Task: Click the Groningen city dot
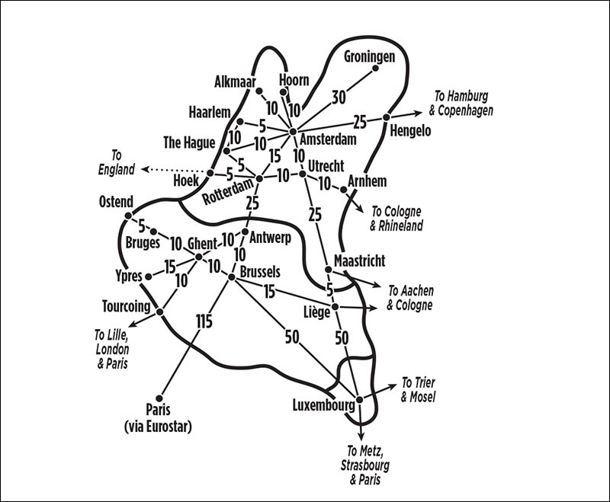(375, 68)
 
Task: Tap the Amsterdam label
(328, 139)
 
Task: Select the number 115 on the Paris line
(204, 321)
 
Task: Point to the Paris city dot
(159, 398)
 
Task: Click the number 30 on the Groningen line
(339, 98)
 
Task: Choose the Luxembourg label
(323, 406)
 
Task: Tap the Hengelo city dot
(387, 117)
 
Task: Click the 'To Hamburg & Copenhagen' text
(461, 103)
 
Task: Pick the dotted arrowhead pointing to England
(145, 169)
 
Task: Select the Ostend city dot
(128, 216)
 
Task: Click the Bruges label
(143, 243)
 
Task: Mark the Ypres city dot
(148, 277)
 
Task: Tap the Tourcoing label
(126, 306)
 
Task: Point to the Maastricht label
(359, 261)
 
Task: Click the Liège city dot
(335, 307)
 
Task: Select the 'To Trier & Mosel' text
(418, 390)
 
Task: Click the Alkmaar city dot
(258, 91)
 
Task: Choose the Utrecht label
(326, 166)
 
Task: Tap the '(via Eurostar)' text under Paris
(158, 427)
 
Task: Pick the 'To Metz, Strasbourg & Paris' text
(365, 465)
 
